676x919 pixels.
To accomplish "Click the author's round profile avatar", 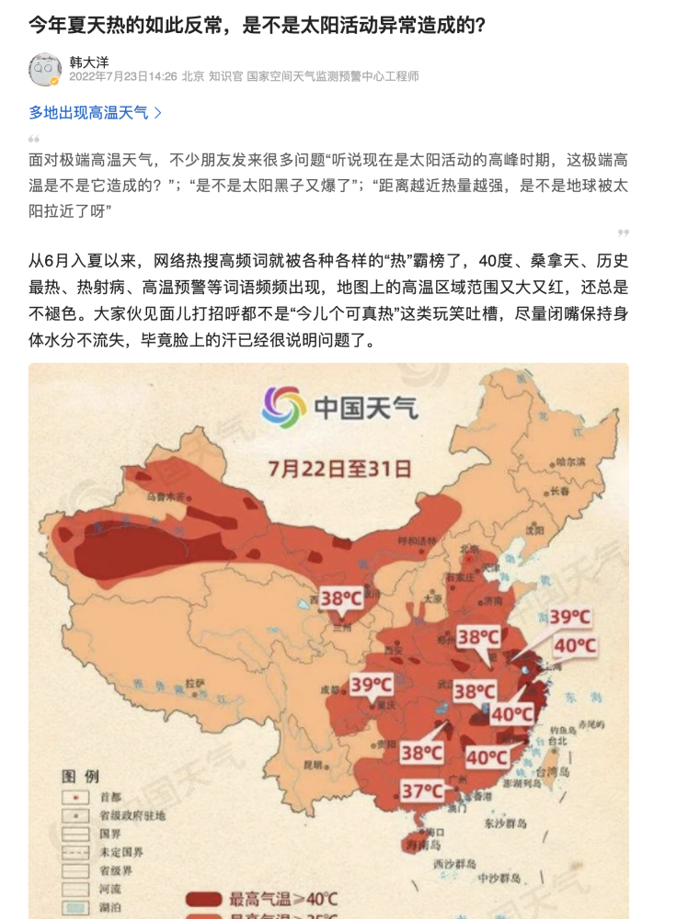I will coord(45,69).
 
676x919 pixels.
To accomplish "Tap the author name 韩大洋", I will coord(88,61).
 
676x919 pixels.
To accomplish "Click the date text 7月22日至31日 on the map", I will coord(339,469).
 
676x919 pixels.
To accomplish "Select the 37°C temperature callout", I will coord(422,790).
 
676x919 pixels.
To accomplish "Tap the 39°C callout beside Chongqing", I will coord(371,685).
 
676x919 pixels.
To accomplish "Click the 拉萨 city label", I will coord(194,683).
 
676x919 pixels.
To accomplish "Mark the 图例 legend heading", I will coord(80,777).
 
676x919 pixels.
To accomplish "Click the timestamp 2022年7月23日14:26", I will coord(122,76).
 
